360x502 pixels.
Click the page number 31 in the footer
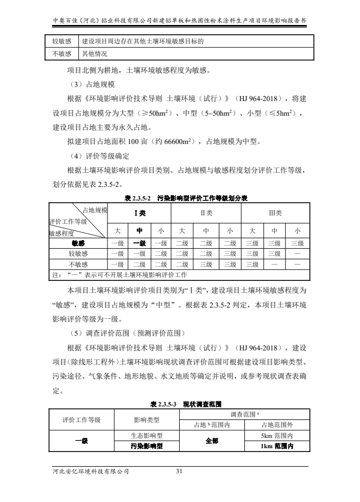point(180,471)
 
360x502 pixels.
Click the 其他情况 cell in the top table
point(94,54)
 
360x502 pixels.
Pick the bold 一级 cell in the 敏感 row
point(140,243)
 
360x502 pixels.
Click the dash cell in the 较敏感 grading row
point(296,254)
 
